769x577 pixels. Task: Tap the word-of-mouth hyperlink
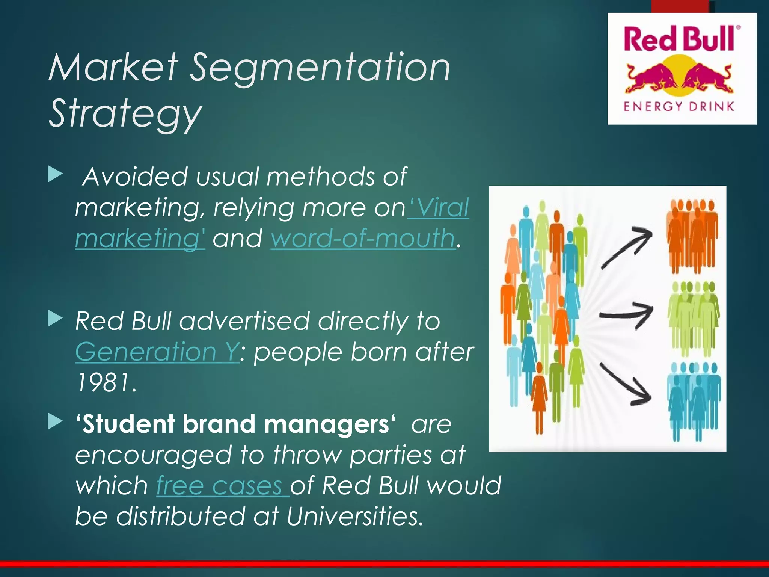[363, 238]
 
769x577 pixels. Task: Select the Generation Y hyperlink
[157, 352]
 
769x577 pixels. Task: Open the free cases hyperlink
[222, 485]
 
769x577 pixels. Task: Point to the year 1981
[106, 382]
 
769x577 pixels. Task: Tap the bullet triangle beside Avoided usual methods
[55, 175]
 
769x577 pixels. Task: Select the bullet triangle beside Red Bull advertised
[55, 319]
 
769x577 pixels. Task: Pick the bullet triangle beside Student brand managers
[55, 422]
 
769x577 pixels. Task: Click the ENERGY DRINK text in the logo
[679, 107]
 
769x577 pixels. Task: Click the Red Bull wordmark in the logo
[679, 38]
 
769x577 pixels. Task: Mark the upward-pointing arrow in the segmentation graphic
[627, 248]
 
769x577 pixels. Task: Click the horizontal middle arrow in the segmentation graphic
[626, 315]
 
